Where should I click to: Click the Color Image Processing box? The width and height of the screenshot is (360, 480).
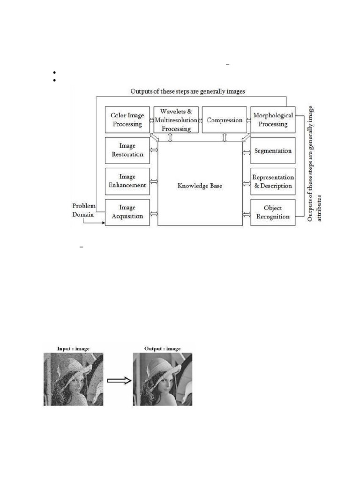click(x=127, y=120)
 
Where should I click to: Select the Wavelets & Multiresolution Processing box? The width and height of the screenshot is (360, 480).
click(x=176, y=120)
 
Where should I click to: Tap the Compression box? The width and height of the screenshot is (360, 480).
click(x=225, y=120)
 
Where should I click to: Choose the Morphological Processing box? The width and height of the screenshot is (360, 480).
click(x=273, y=120)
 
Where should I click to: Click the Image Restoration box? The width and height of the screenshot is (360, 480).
click(x=127, y=150)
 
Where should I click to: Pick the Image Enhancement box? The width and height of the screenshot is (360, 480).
click(x=127, y=181)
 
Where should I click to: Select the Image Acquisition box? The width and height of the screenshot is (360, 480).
click(x=127, y=212)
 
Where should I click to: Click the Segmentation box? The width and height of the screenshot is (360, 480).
click(x=273, y=151)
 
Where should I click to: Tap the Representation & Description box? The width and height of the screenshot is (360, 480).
click(x=273, y=181)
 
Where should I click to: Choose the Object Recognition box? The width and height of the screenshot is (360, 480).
click(x=273, y=212)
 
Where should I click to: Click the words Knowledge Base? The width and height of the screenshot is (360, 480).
click(x=200, y=186)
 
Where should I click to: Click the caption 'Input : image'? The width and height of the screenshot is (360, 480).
click(x=73, y=348)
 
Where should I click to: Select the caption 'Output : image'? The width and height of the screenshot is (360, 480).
click(x=162, y=348)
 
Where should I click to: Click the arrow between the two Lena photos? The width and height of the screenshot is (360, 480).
click(x=119, y=381)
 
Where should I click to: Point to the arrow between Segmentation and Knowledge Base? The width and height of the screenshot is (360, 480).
click(x=246, y=151)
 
